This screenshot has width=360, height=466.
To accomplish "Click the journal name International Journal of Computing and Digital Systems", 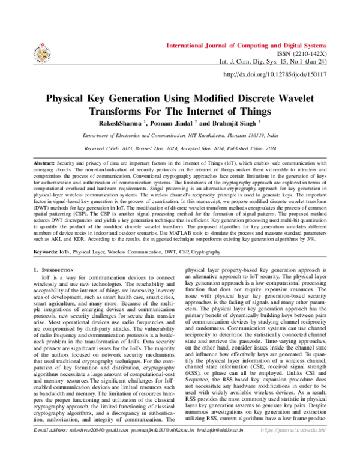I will tap(245, 45).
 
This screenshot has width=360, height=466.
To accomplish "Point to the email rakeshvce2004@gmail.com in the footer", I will tap(95, 448).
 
